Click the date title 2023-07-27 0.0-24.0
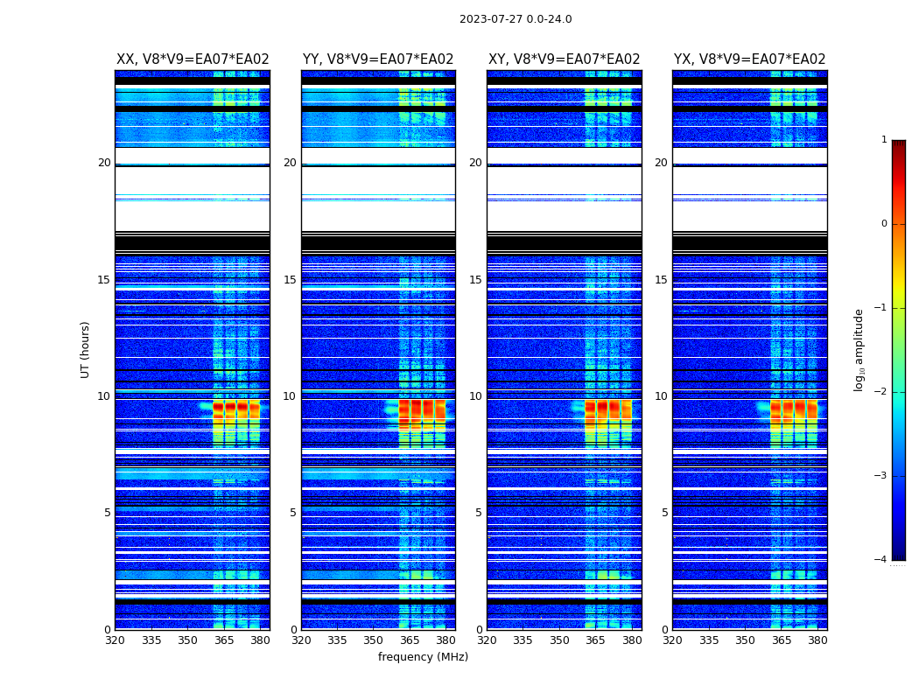click(x=516, y=19)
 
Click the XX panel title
click(x=193, y=59)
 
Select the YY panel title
click(x=378, y=59)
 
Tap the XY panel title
click(x=565, y=59)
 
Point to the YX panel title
click(x=750, y=59)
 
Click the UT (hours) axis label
click(x=86, y=349)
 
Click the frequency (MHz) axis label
click(x=423, y=657)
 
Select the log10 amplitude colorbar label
click(x=859, y=349)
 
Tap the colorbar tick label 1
click(x=883, y=140)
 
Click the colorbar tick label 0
click(x=883, y=224)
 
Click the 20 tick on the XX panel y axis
click(x=104, y=163)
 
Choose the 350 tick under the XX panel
click(x=187, y=640)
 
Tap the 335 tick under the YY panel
click(x=337, y=640)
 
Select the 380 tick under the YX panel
click(x=817, y=640)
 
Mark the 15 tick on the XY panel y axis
click(x=475, y=280)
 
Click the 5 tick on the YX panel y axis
click(x=664, y=513)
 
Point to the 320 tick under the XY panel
click(x=487, y=640)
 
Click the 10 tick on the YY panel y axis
click(x=290, y=396)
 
